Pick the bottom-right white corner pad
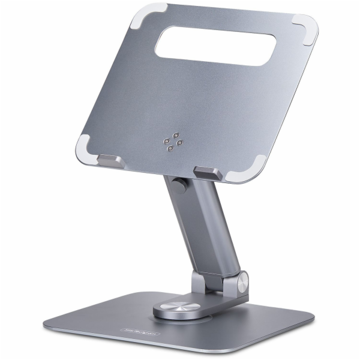pyautogui.click(x=253, y=170)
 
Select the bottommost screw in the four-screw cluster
pyautogui.click(x=171, y=148)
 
